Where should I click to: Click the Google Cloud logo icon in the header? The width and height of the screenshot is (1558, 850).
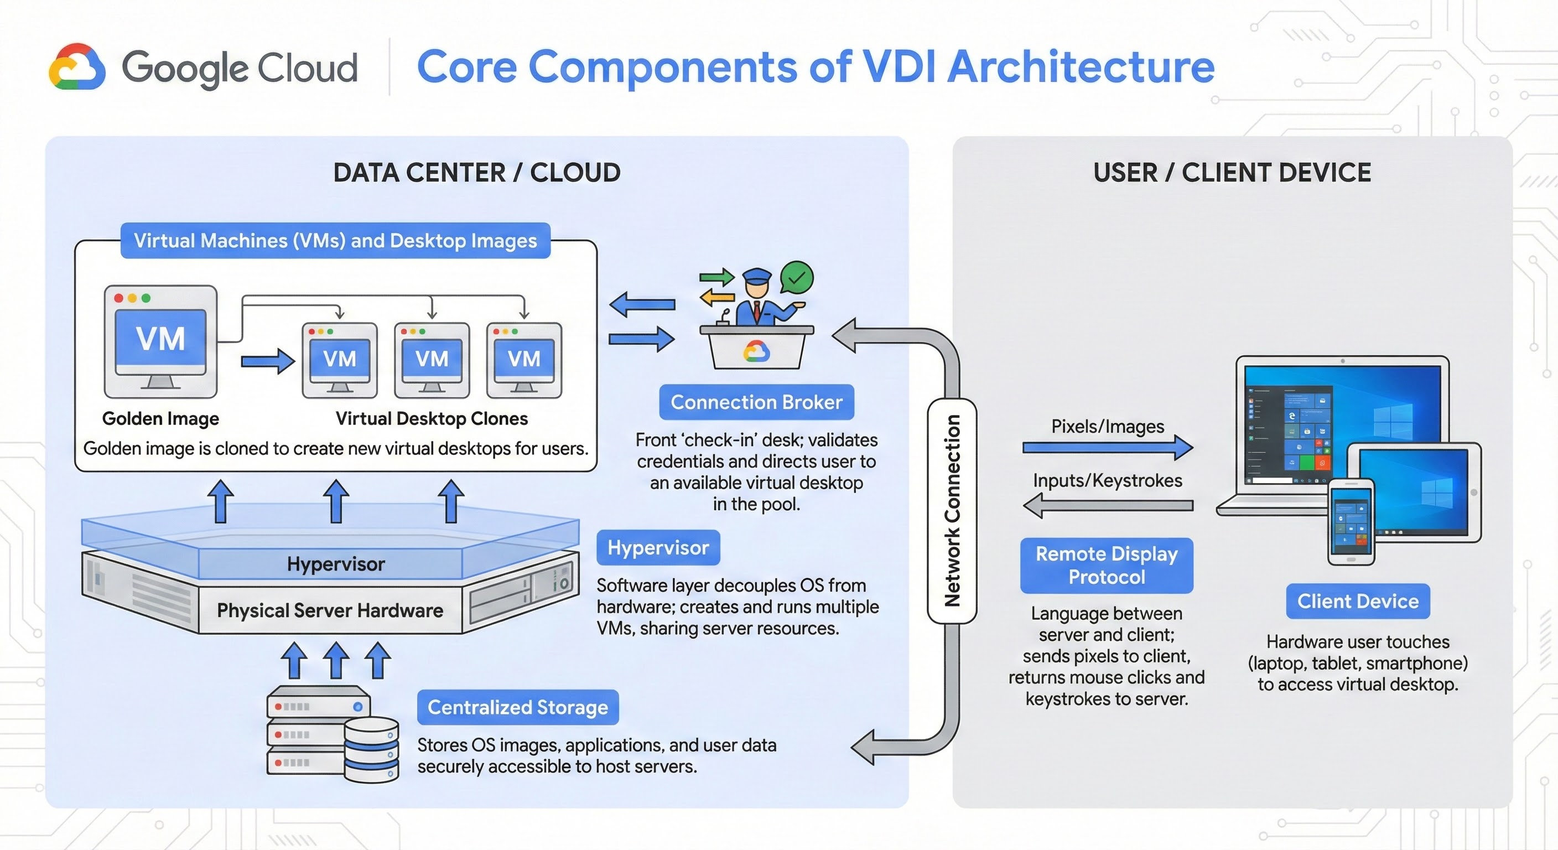click(x=77, y=67)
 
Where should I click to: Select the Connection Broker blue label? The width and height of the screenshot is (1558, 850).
click(x=756, y=402)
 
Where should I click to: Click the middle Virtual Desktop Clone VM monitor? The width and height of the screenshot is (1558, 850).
click(x=432, y=359)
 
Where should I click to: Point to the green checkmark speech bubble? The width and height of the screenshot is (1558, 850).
click(x=797, y=278)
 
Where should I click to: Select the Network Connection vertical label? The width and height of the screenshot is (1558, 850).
click(x=952, y=511)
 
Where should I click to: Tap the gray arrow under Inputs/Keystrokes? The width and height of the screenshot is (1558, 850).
click(x=1107, y=505)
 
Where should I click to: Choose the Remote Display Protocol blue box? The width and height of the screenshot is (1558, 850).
click(x=1106, y=565)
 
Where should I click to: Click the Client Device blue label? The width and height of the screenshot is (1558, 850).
click(x=1357, y=602)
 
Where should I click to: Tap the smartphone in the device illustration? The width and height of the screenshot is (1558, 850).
click(x=1351, y=521)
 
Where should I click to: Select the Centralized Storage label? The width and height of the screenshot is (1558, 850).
click(x=518, y=707)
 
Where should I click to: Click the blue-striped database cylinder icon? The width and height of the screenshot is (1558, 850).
click(x=371, y=750)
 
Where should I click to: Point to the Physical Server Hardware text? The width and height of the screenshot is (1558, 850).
click(x=330, y=610)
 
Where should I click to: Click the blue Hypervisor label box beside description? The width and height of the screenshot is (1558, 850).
click(x=658, y=547)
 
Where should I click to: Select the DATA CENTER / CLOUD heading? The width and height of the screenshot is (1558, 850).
click(x=476, y=173)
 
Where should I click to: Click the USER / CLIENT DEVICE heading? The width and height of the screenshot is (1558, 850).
click(x=1232, y=173)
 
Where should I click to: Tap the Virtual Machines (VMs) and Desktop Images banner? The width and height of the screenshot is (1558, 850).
click(x=335, y=241)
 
